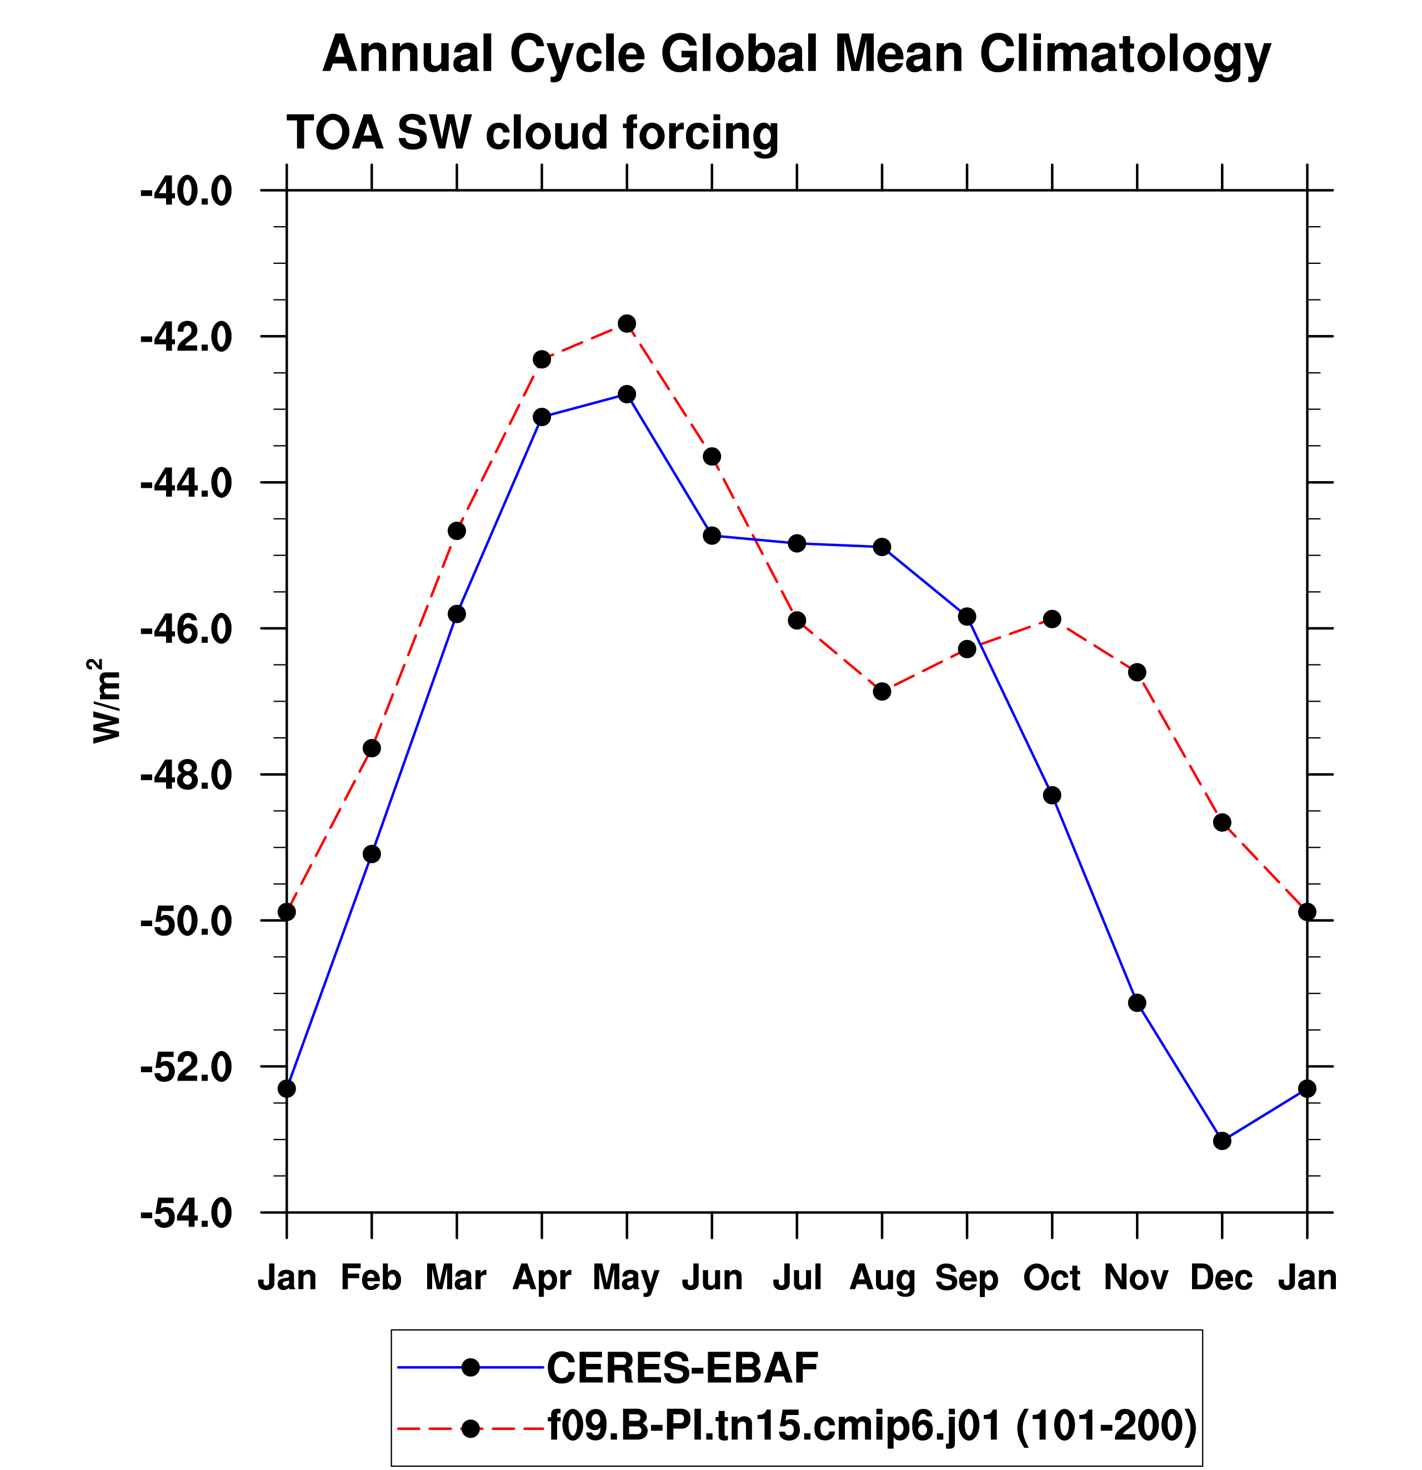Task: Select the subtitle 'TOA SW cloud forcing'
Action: click(533, 133)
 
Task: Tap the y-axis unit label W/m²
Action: click(106, 701)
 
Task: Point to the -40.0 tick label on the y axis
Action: click(187, 192)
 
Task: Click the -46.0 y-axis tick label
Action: click(187, 629)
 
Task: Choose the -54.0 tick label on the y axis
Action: click(187, 1213)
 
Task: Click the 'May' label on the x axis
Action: click(625, 1278)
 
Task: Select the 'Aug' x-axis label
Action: click(882, 1278)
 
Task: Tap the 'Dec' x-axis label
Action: click(1221, 1277)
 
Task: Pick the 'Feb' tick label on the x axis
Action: click(371, 1277)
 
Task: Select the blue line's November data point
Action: click(1137, 1003)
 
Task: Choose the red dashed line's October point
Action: click(1052, 619)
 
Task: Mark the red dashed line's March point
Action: click(457, 531)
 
